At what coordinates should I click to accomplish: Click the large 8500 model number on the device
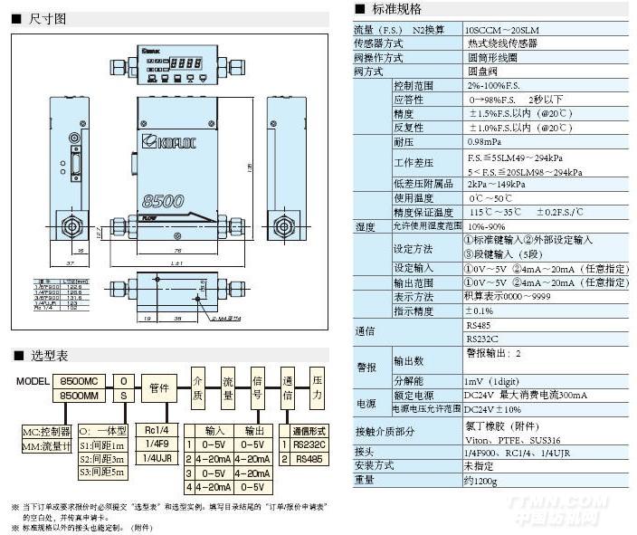pos(163,200)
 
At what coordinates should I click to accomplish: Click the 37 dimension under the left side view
pos(71,263)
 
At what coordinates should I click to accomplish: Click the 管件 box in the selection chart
pos(159,387)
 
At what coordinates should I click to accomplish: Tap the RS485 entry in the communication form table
pos(309,459)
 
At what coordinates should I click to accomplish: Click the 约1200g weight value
pos(481,481)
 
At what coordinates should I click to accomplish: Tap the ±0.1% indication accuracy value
pos(480,310)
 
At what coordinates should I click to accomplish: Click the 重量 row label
pos(364,481)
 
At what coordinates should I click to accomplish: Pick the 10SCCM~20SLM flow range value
pos(500,29)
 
